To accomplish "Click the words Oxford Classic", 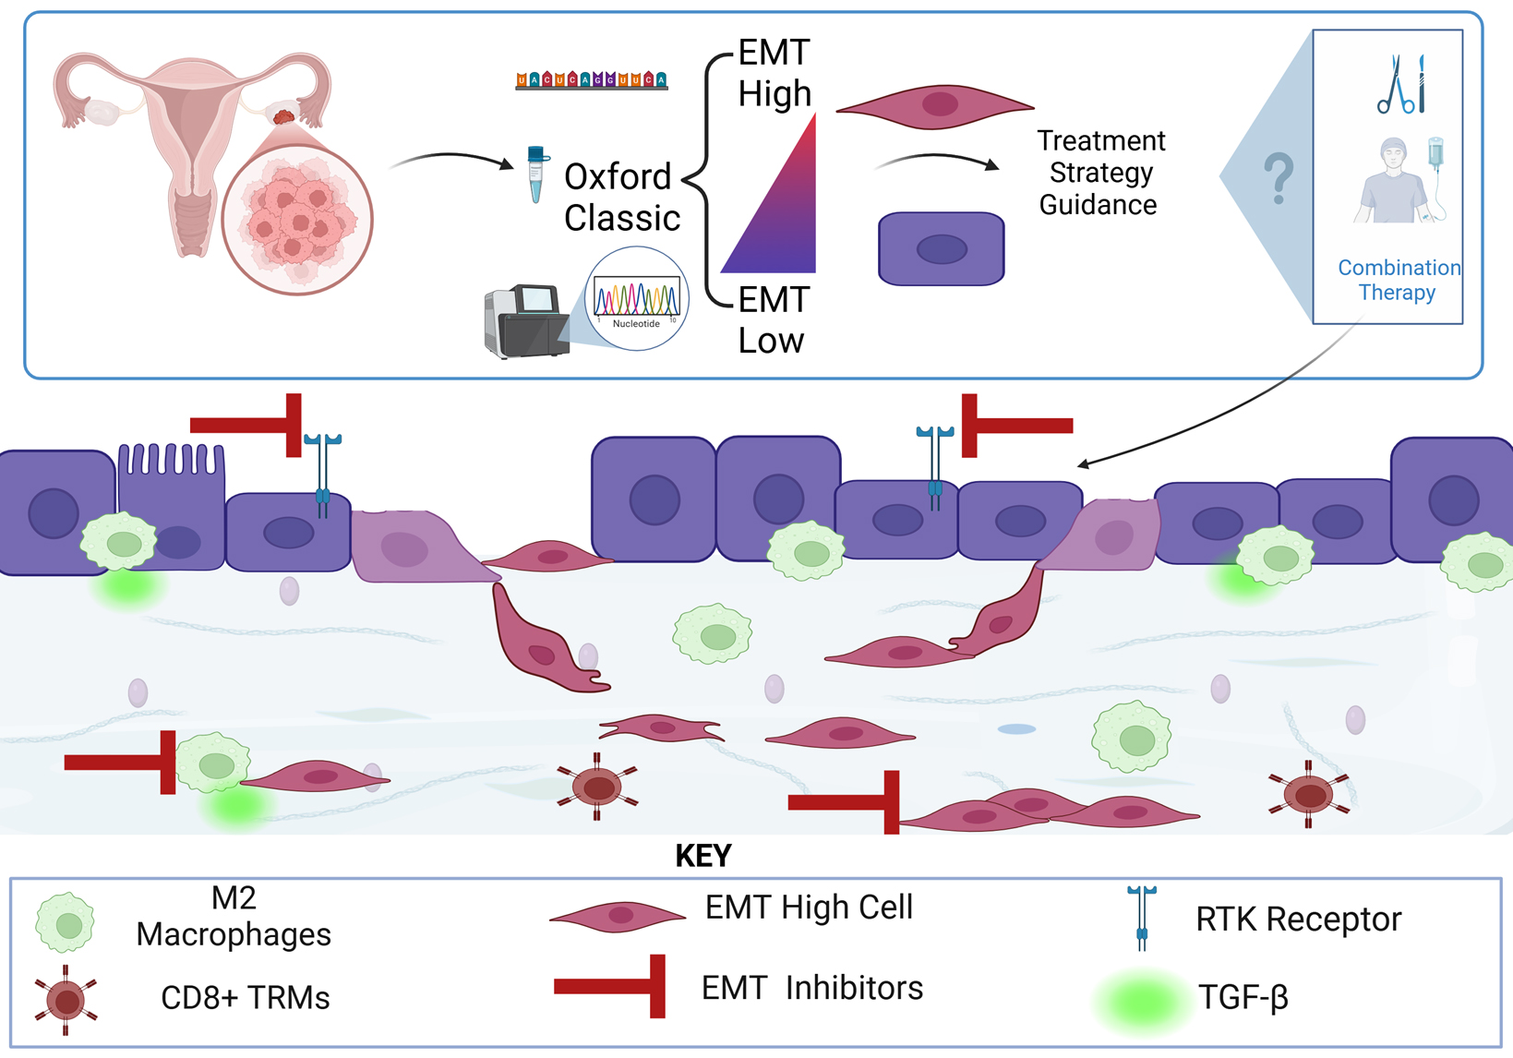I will tap(621, 197).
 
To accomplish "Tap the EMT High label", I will tap(774, 73).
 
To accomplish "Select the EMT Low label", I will tap(772, 319).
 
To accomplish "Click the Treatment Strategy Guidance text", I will tap(1099, 173).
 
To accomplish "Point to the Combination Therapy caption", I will tap(1398, 280).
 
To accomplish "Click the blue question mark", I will tap(1279, 179).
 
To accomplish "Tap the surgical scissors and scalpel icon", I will tap(1400, 85).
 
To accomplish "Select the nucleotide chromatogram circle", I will tap(637, 299).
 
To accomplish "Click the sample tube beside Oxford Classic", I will tap(535, 174).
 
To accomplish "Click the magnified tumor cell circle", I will tap(297, 221).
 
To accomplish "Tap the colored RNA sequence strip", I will tap(591, 80).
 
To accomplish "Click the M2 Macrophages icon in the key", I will tap(65, 922).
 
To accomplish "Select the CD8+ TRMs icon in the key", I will tap(66, 1000).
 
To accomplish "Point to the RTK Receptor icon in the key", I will tap(1142, 918).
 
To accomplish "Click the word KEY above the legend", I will tap(703, 856).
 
